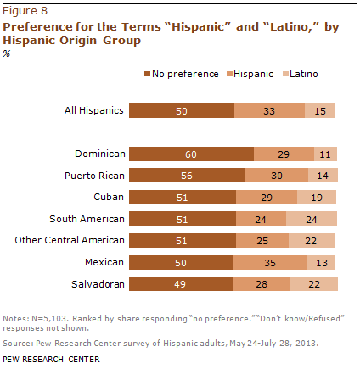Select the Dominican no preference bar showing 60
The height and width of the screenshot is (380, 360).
click(x=192, y=154)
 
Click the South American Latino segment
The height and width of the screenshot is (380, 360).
click(x=312, y=219)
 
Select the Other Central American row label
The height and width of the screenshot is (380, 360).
click(x=71, y=241)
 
